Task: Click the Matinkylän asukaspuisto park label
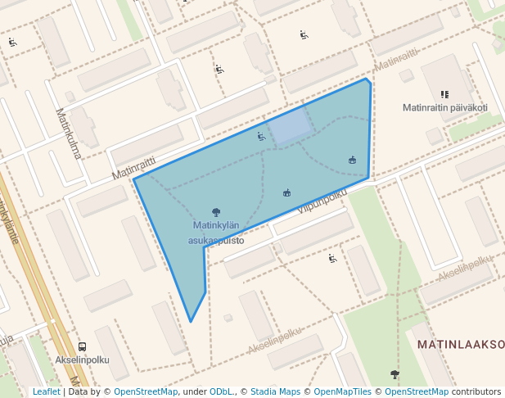click(x=216, y=233)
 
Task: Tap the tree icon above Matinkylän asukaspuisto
click(x=216, y=212)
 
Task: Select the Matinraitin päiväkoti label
click(x=445, y=107)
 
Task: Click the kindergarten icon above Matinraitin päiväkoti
click(x=444, y=94)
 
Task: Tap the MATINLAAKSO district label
click(x=461, y=345)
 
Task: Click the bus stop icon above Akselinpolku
click(x=82, y=346)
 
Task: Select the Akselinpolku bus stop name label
click(x=82, y=360)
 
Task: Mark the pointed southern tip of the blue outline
click(x=191, y=321)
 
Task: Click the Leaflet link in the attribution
click(x=47, y=391)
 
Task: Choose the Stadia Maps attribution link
click(x=275, y=391)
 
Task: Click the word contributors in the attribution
click(x=476, y=391)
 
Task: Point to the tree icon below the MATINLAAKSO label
click(x=395, y=374)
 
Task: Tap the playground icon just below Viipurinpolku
click(x=332, y=259)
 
